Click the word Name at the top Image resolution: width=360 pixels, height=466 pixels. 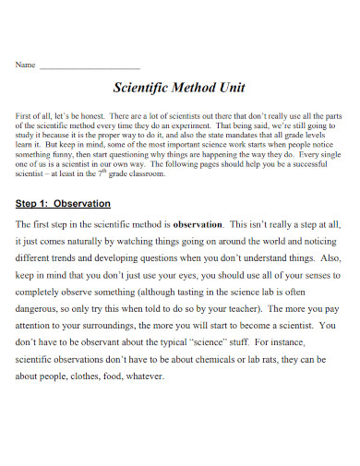pyautogui.click(x=25, y=66)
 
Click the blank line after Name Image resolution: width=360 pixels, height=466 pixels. pyautogui.click(x=90, y=67)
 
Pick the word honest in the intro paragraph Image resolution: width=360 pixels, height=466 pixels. pyautogui.click(x=96, y=114)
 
